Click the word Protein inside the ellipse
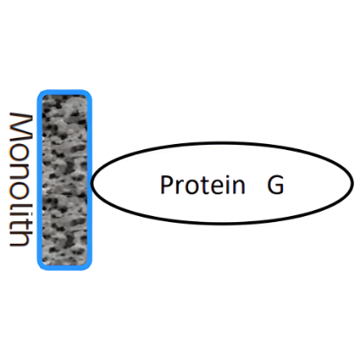203,184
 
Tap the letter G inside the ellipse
275,185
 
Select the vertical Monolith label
20,180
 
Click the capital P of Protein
167,184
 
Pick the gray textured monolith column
64,180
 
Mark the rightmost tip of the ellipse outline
353,182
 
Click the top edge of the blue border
64,92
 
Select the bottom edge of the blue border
64,267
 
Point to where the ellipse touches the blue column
92,182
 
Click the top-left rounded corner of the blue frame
40,93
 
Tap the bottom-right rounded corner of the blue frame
88,266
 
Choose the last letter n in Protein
239,187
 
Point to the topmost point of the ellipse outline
223,142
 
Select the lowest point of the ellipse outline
223,223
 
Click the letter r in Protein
180,187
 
